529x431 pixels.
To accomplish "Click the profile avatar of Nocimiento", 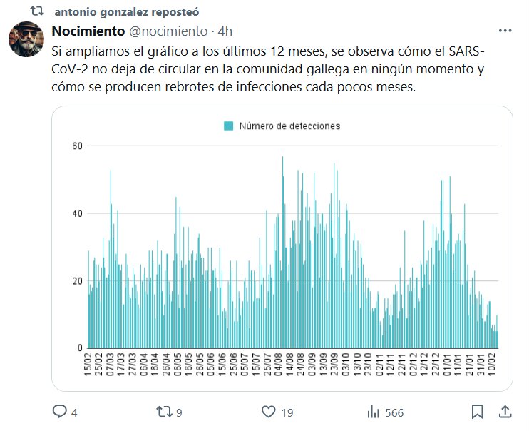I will (28, 40).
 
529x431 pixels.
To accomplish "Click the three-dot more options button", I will (505, 31).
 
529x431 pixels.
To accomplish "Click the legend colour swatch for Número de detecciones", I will (228, 126).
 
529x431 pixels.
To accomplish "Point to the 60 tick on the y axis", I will (76, 146).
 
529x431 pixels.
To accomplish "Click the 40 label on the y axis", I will (76, 213).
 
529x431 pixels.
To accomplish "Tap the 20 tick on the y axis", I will (76, 281).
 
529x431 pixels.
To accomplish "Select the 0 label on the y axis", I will (80, 348).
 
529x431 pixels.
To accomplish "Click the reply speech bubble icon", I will (60, 412).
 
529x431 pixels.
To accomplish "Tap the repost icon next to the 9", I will (164, 412).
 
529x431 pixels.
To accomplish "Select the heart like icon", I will (268, 412).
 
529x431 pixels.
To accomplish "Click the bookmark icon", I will (478, 412).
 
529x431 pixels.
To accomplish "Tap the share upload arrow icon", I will (505, 412).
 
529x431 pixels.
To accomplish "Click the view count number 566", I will (394, 412).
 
